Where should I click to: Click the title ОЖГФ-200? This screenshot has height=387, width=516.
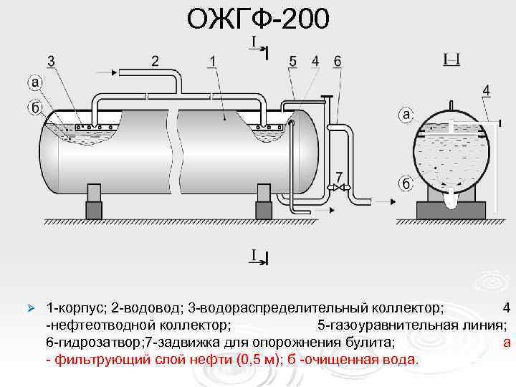pos(258,19)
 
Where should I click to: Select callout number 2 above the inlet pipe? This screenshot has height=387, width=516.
pos(155,60)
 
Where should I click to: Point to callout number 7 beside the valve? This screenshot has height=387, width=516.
pos(338,177)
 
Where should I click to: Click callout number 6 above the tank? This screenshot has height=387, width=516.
pos(337,62)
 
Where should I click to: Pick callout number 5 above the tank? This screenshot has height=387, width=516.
pos(292,62)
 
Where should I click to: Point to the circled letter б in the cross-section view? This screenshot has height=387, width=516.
pos(406,183)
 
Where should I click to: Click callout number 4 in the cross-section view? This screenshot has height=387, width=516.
pos(487,90)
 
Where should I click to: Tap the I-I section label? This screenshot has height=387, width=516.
pos(451,59)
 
